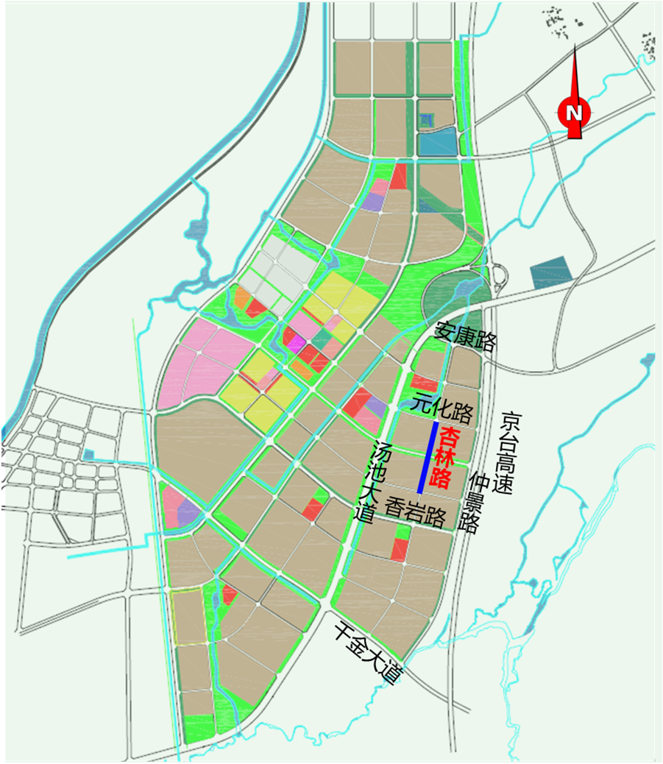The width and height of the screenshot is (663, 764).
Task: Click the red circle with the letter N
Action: [574, 112]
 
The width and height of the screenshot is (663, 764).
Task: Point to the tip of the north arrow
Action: [575, 46]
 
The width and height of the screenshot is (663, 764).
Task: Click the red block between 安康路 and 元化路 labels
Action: [423, 382]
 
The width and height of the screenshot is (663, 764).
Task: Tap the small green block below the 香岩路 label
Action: [403, 531]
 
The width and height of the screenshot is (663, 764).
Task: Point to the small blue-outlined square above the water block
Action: [426, 119]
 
